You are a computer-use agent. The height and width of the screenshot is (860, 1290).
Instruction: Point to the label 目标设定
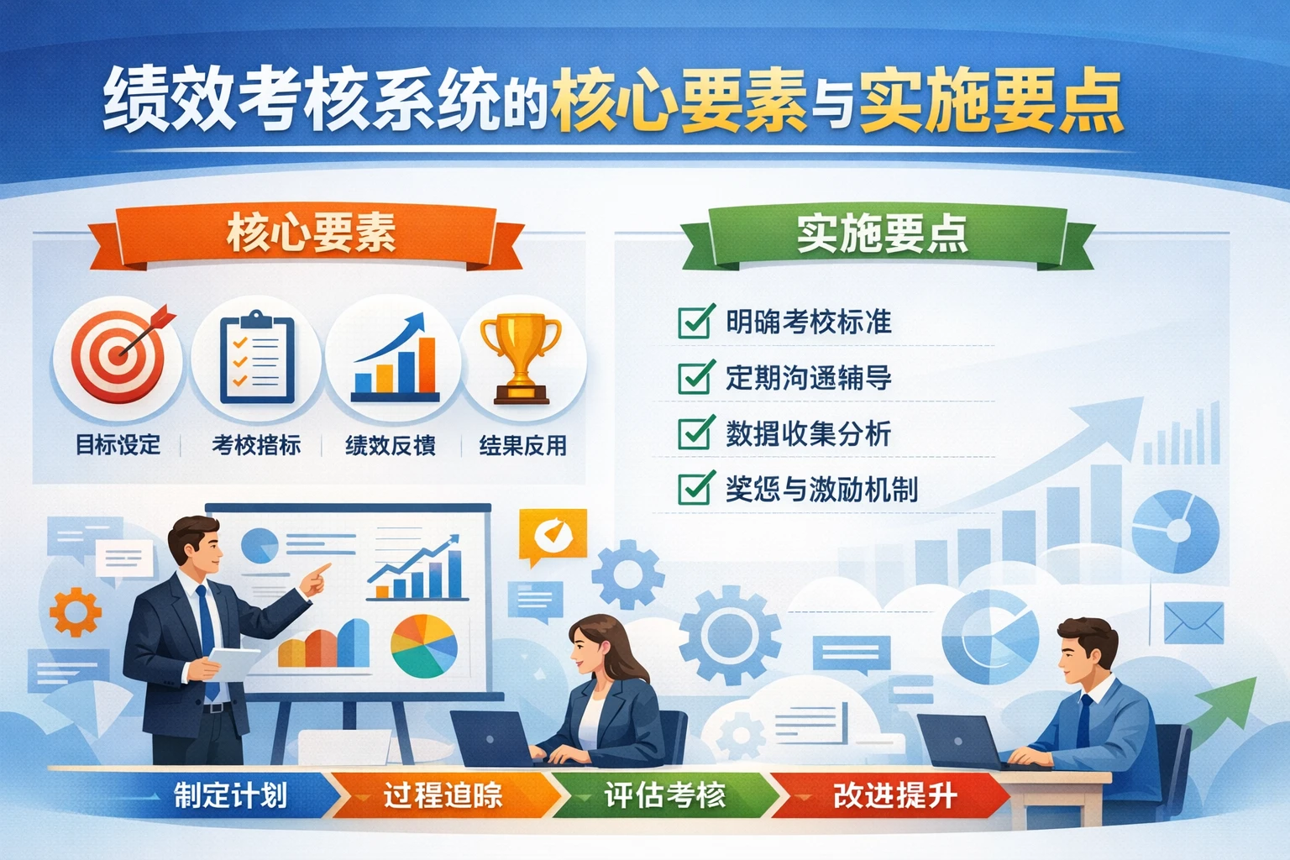(x=118, y=445)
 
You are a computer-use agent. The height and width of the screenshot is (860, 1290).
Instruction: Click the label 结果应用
(x=522, y=445)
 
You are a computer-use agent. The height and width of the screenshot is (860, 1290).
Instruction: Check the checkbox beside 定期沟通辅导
(x=695, y=378)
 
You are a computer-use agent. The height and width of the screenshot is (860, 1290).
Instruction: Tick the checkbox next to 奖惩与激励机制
(x=695, y=489)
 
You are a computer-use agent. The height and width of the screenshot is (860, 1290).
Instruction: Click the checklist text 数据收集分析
(x=808, y=434)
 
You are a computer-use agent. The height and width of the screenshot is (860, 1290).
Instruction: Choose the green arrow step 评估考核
(x=664, y=795)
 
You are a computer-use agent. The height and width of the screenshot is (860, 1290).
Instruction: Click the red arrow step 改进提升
(x=894, y=795)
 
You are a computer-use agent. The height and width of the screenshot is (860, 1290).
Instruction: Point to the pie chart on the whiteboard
(x=424, y=646)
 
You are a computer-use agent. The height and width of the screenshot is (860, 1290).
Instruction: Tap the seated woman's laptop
(x=492, y=739)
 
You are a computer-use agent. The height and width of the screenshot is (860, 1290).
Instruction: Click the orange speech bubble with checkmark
(x=552, y=535)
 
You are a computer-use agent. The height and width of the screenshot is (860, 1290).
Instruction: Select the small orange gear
(x=76, y=611)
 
